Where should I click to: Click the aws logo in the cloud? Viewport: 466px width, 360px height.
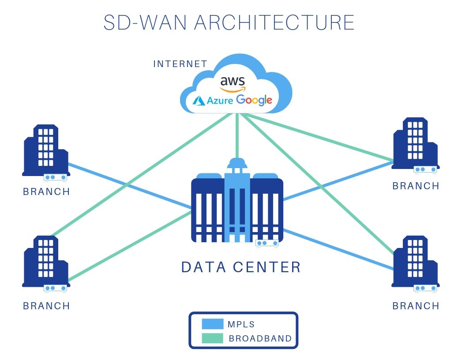233,83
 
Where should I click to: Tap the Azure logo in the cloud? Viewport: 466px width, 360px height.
207,101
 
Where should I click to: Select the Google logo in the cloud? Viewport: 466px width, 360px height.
254,100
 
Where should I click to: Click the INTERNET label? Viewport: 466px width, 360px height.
180,64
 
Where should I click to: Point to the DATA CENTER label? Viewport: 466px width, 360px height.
241,267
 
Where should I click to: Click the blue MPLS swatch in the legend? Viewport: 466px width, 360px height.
212,324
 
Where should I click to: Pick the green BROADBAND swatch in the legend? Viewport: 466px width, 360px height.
212,338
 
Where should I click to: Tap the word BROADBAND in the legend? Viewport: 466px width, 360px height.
260,338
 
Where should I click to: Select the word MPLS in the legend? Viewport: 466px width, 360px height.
241,324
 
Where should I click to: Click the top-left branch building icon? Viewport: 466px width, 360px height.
45,150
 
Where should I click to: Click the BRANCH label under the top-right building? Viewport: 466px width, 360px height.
416,186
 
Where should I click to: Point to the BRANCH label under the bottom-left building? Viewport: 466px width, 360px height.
46,306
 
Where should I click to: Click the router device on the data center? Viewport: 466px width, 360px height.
267,243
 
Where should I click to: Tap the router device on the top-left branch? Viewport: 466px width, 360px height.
55,177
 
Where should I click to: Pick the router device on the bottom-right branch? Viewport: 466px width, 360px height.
425,288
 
